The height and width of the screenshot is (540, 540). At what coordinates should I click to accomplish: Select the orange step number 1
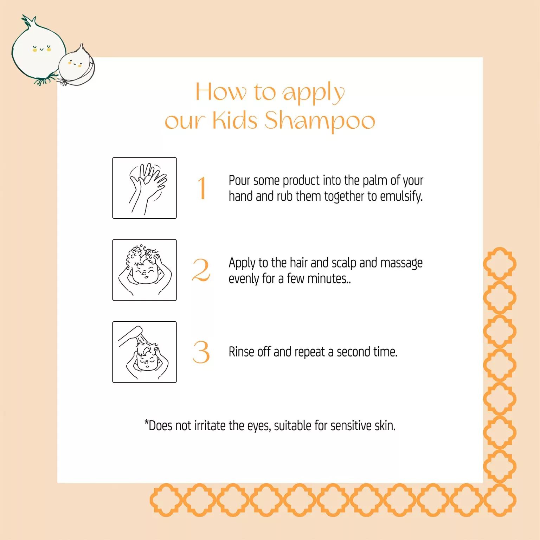pyautogui.click(x=201, y=188)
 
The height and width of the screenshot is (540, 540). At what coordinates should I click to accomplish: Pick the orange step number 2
pyautogui.click(x=201, y=270)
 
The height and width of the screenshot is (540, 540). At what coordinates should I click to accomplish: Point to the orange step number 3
pyautogui.click(x=201, y=352)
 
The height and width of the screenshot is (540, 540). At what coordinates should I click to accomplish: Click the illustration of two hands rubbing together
pyautogui.click(x=144, y=188)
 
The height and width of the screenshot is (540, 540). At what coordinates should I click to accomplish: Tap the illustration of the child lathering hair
pyautogui.click(x=144, y=270)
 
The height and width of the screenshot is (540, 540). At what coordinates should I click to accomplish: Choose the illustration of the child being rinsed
pyautogui.click(x=144, y=352)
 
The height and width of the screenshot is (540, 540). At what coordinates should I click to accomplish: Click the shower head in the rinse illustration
pyautogui.click(x=130, y=335)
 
